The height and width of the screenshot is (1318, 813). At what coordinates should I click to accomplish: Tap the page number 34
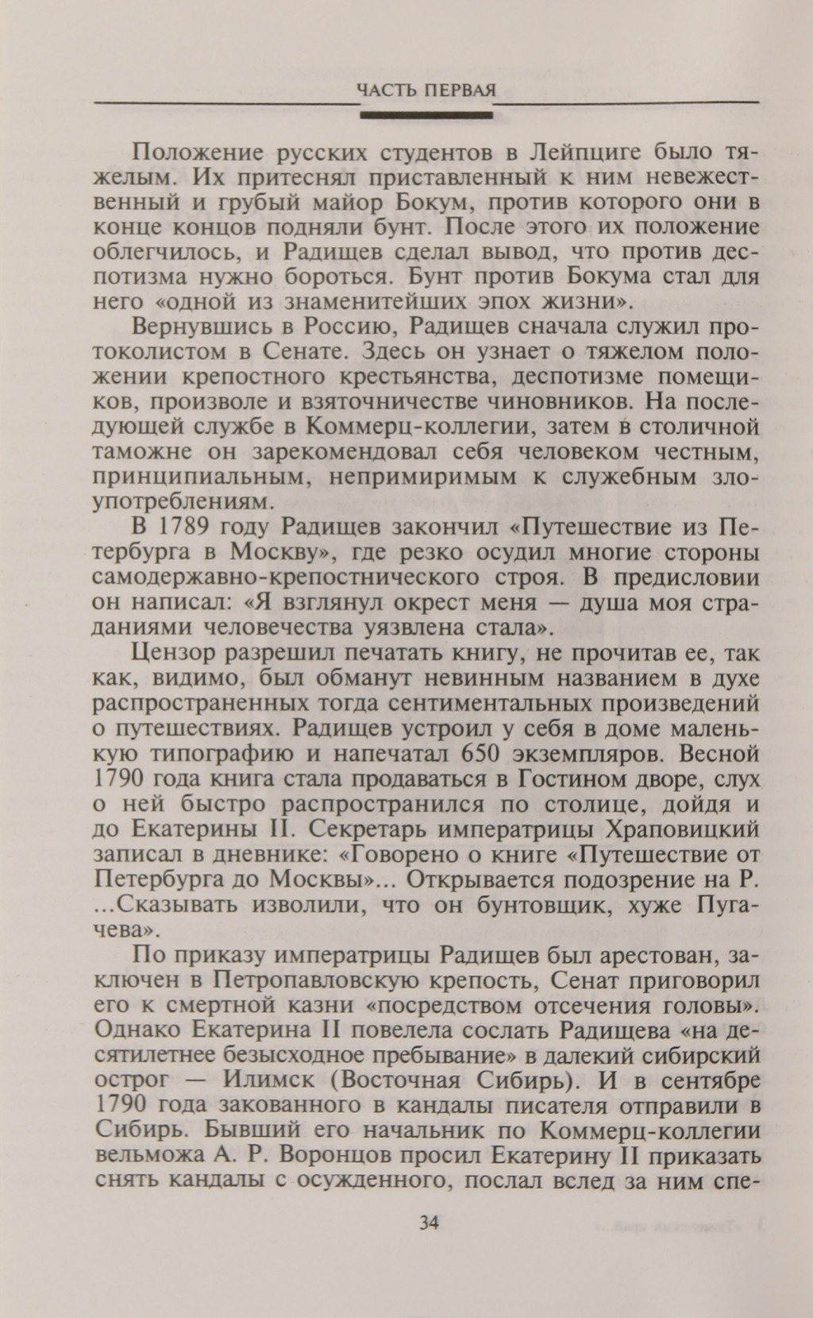click(428, 1223)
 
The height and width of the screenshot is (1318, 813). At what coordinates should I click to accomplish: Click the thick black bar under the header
click(426, 116)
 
